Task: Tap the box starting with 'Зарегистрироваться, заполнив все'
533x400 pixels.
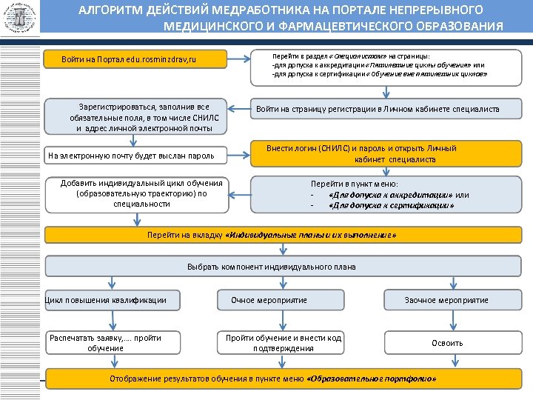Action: pyautogui.click(x=139, y=117)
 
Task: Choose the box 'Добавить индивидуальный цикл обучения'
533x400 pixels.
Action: pyautogui.click(x=141, y=193)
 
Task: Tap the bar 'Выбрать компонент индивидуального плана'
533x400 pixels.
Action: pyautogui.click(x=272, y=267)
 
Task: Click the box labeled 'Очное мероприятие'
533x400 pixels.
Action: pyautogui.click(x=284, y=300)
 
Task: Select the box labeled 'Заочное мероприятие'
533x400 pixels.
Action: pyautogui.click(x=446, y=300)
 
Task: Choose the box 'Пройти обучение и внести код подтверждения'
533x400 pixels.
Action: pyautogui.click(x=284, y=342)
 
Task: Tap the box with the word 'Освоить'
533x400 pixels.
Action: pyautogui.click(x=446, y=342)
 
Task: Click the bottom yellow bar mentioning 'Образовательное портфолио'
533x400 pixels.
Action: pyautogui.click(x=272, y=378)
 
